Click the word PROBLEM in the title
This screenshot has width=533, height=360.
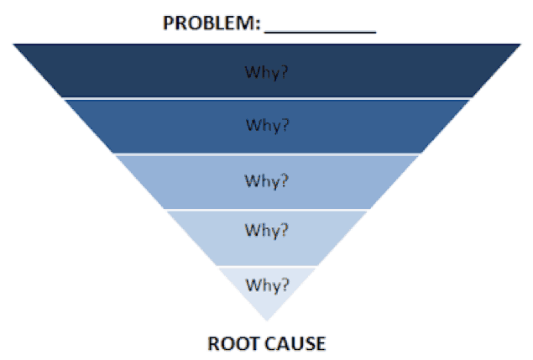(x=209, y=23)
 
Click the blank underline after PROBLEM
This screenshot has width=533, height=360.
(x=320, y=32)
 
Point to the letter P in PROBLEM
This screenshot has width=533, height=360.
(x=169, y=23)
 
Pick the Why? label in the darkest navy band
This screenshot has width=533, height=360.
(x=267, y=72)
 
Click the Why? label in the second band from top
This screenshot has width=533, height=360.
(x=268, y=125)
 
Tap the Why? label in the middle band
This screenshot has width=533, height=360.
(x=267, y=181)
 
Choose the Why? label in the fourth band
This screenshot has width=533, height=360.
(x=267, y=231)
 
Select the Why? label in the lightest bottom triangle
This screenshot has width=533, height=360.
(x=267, y=284)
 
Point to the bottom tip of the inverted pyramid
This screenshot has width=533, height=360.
(x=267, y=321)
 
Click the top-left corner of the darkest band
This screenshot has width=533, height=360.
(x=13, y=44)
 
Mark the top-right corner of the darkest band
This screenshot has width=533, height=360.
(x=520, y=44)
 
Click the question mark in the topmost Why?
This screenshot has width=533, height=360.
(x=284, y=71)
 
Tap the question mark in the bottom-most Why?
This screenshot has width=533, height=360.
(x=285, y=284)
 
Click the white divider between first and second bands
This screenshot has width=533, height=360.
(x=267, y=98)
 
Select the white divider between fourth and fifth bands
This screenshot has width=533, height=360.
(x=267, y=267)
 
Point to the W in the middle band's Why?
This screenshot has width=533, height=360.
(x=252, y=180)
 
